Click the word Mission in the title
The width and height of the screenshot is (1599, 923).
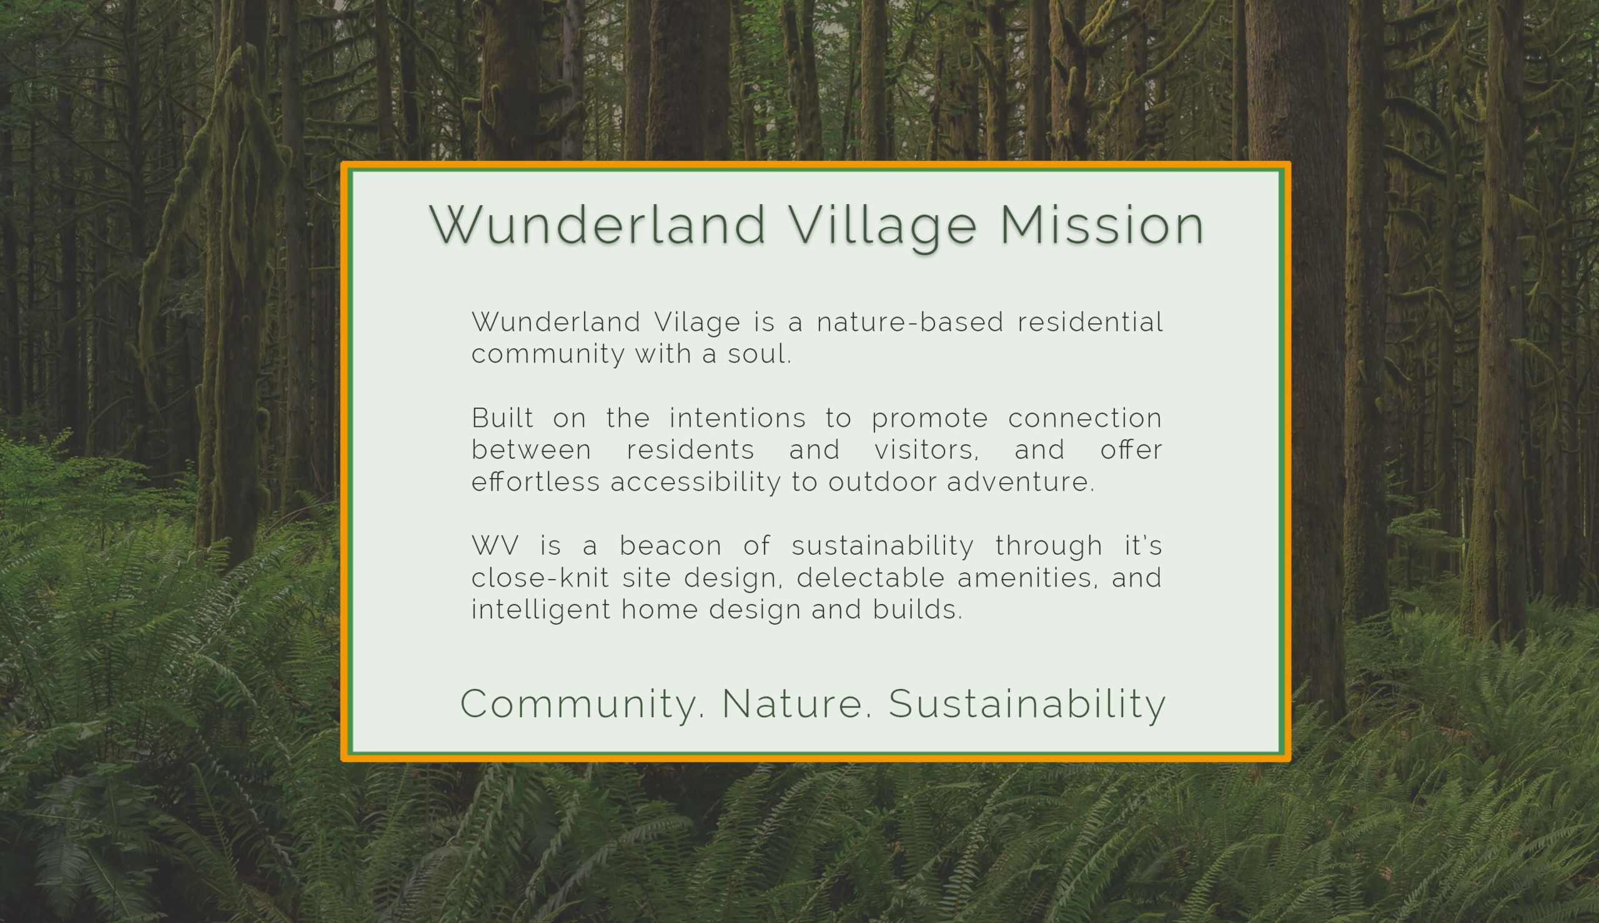point(1102,225)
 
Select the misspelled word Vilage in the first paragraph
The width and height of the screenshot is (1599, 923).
point(697,323)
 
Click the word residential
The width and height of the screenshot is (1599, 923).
point(1090,322)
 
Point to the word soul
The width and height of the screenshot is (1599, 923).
point(760,354)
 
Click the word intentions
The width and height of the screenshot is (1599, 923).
point(738,418)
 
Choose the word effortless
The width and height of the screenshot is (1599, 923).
point(535,482)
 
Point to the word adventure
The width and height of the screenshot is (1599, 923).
point(1021,482)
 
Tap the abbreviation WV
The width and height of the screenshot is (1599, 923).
point(495,546)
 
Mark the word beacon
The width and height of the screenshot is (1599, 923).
point(670,546)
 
